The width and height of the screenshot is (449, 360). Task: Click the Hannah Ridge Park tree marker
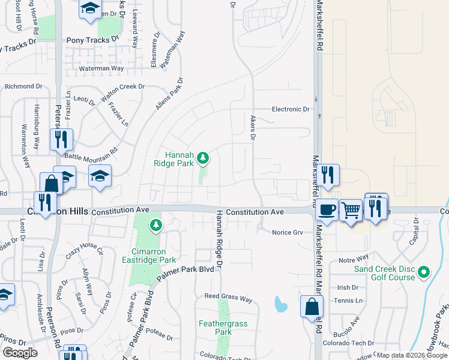click(x=203, y=158)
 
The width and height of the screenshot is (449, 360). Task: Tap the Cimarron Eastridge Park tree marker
click(x=156, y=226)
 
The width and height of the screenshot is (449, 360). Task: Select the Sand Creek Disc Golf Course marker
click(x=424, y=272)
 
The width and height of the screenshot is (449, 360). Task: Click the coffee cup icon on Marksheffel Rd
click(x=327, y=209)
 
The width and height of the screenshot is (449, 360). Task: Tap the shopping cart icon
click(x=351, y=210)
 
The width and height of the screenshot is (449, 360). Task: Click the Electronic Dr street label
click(x=291, y=109)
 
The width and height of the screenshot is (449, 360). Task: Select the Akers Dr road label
click(x=253, y=128)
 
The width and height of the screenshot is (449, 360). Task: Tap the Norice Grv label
click(x=288, y=232)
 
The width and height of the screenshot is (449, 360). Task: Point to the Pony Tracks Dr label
click(x=93, y=40)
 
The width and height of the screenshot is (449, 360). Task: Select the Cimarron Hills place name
click(x=59, y=211)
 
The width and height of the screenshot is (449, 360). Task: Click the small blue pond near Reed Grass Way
click(x=280, y=304)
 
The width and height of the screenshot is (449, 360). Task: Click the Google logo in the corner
click(x=20, y=353)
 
